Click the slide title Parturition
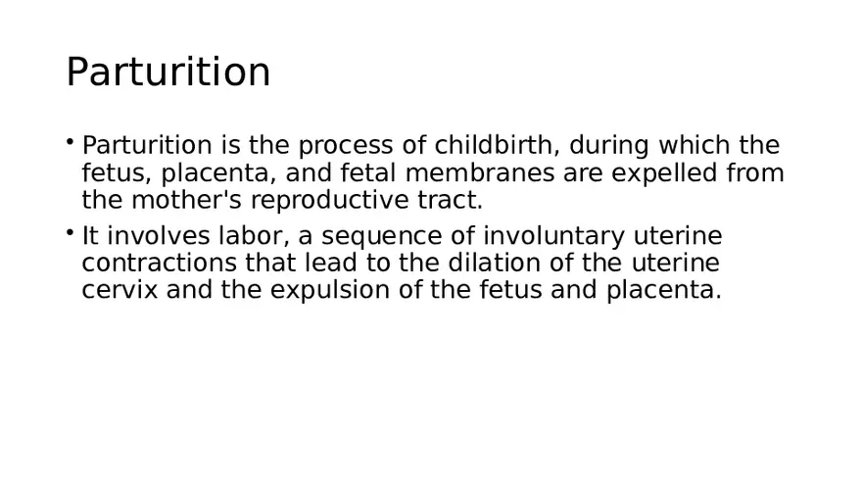point(168,73)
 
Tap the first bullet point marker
point(71,142)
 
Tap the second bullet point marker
point(71,232)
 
